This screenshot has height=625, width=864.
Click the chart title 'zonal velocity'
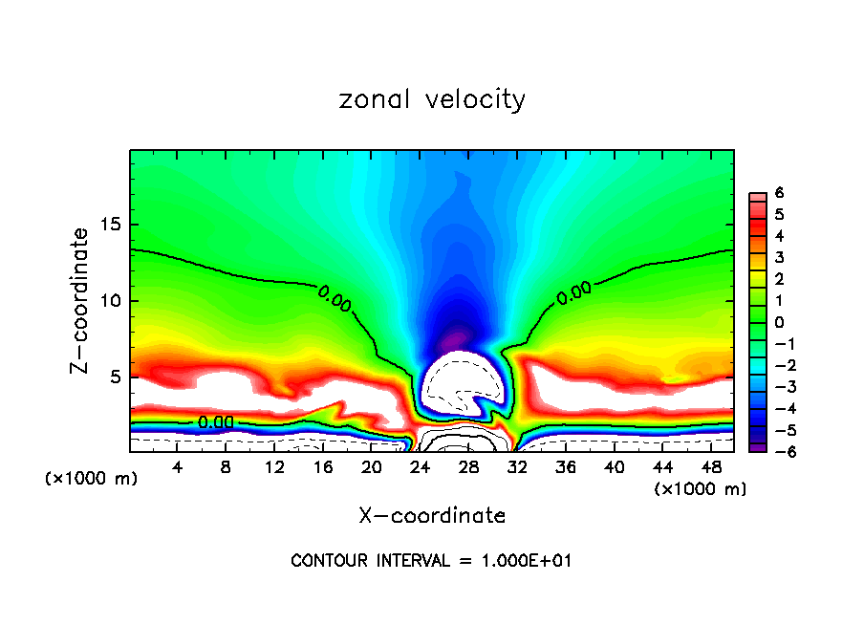tap(432, 99)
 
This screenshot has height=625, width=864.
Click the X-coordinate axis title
tap(432, 516)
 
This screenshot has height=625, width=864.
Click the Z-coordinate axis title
tap(83, 300)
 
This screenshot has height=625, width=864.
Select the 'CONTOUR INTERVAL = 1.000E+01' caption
tap(432, 561)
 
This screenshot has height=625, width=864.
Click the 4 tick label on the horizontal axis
tap(178, 467)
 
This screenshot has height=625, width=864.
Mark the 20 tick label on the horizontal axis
tap(372, 467)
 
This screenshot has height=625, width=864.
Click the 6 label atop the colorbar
tap(779, 193)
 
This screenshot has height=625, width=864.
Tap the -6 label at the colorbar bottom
tap(776, 451)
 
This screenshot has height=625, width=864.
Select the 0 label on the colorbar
tap(779, 322)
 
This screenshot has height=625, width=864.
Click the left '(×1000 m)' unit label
tap(92, 479)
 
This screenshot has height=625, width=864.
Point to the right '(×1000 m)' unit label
tap(701, 489)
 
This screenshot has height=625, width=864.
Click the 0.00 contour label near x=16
tap(335, 298)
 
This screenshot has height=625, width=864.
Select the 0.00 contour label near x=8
tap(216, 421)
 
